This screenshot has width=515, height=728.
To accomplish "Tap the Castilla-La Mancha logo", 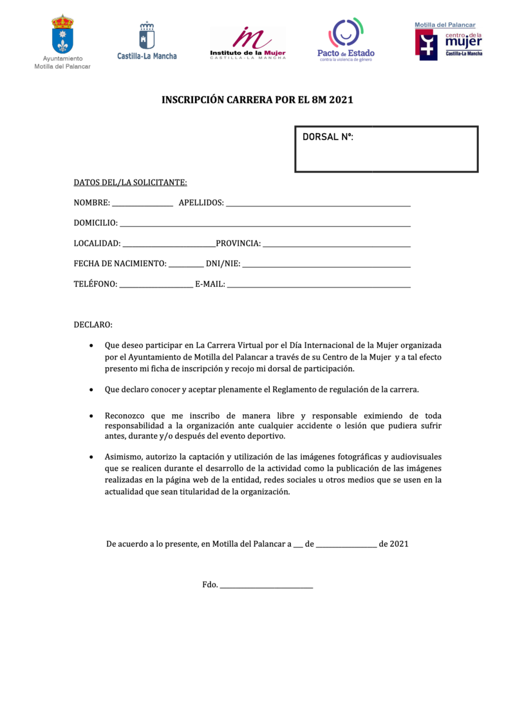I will (147, 40).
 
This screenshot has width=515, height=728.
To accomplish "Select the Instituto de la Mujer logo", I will (248, 43).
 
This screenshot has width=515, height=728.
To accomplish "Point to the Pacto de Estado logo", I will (346, 40).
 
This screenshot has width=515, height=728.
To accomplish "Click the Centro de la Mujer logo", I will (448, 41).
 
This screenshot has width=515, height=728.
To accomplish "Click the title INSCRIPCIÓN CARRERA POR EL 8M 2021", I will (257, 100).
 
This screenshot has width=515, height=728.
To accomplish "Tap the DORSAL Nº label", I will (328, 137).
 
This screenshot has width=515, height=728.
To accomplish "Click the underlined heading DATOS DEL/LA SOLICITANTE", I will (130, 183).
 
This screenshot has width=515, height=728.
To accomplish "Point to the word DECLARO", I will (93, 325).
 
